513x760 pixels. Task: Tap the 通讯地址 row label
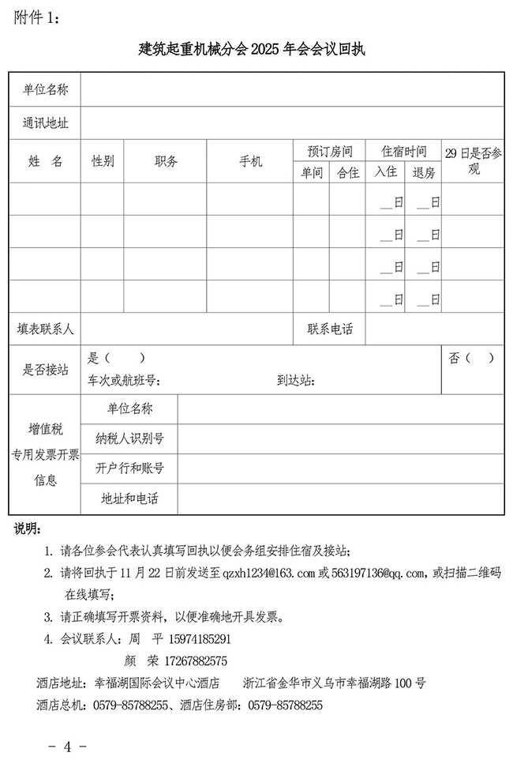[x=45, y=122]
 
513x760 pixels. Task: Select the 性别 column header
[x=103, y=161]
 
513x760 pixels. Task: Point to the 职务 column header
[x=166, y=161]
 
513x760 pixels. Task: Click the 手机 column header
[x=250, y=161]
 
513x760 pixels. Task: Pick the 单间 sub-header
[x=312, y=172]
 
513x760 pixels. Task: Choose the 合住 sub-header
[x=348, y=172]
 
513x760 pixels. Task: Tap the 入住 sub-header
[x=386, y=172]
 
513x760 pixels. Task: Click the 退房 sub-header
[x=424, y=172]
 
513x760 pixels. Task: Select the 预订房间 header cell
[x=330, y=151]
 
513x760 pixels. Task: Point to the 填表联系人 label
[x=45, y=329]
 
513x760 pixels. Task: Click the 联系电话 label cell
[x=330, y=329]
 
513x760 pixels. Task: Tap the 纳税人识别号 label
[x=130, y=438]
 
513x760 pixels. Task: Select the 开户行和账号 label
[x=130, y=468]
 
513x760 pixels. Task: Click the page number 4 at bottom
[x=68, y=746]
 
